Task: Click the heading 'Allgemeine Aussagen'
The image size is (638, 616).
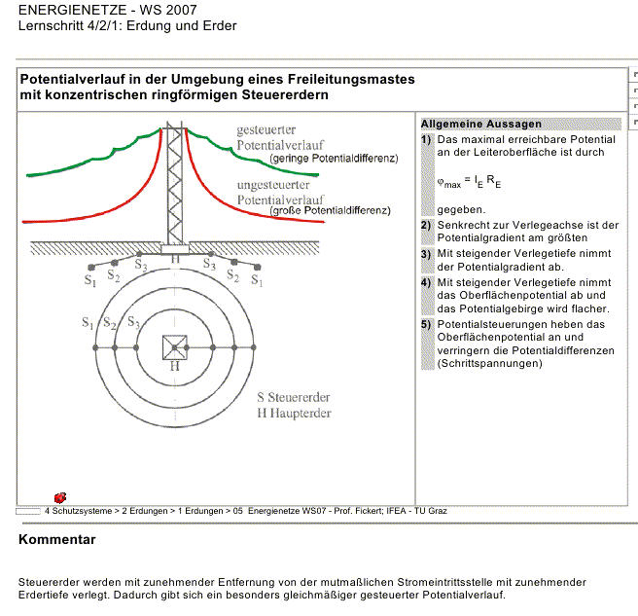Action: click(x=481, y=125)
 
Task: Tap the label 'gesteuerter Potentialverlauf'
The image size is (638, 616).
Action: click(x=274, y=137)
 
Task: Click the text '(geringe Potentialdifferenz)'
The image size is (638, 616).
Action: click(x=334, y=158)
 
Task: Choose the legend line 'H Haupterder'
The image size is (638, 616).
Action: click(x=294, y=413)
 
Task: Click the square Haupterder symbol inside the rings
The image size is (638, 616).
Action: click(x=174, y=346)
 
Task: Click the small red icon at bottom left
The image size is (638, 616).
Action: click(x=60, y=497)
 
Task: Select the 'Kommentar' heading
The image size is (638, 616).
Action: click(x=57, y=539)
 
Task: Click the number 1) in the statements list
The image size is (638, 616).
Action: click(x=426, y=139)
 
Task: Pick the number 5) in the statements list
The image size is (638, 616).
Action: click(x=426, y=324)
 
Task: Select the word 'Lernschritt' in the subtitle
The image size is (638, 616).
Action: click(x=50, y=26)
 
